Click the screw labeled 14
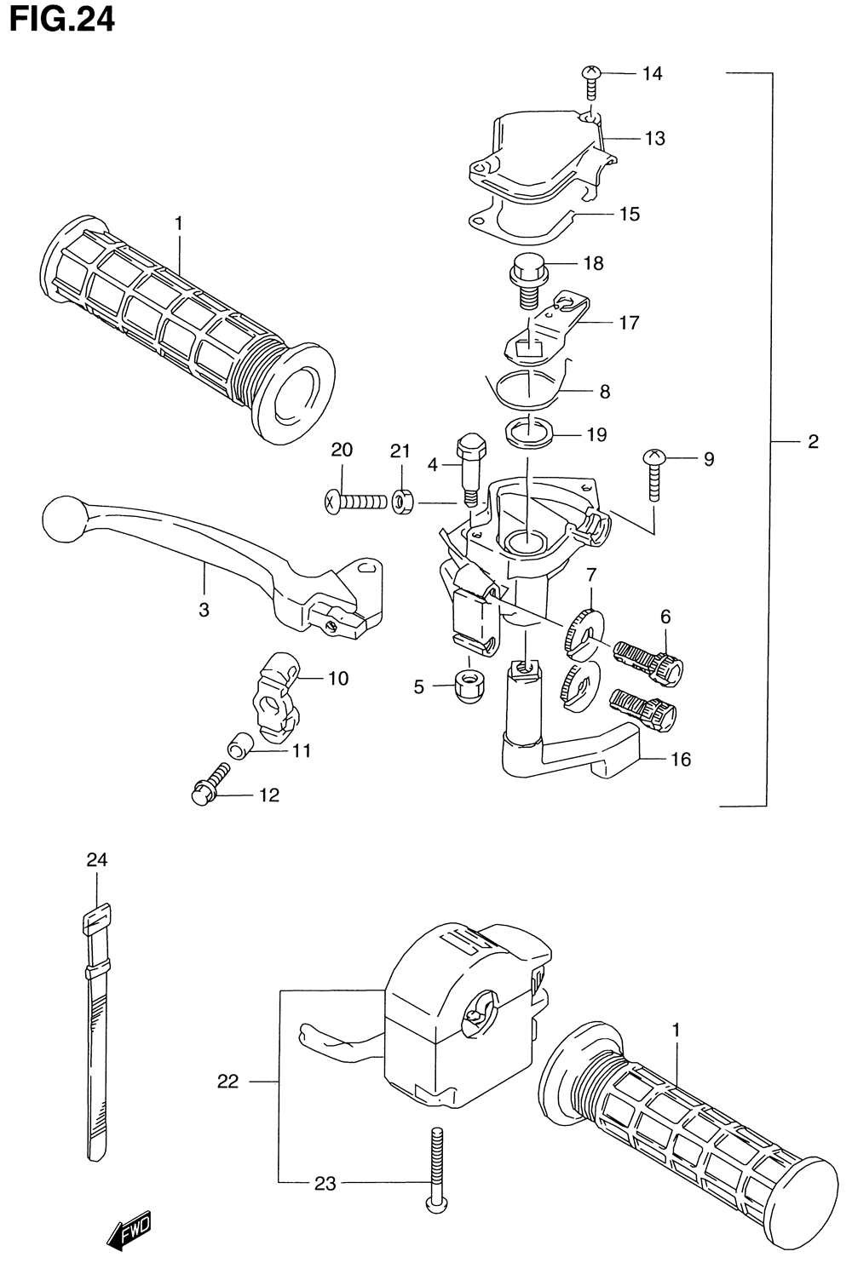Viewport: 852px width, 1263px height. point(590,83)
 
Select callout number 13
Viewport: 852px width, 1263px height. point(655,138)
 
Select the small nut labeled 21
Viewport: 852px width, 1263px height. point(402,500)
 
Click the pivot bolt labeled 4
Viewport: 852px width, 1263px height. point(470,469)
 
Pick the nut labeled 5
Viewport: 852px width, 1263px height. point(468,686)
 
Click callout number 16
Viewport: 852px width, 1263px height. point(681,760)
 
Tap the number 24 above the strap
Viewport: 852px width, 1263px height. point(97,860)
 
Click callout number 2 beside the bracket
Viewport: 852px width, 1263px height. point(813,441)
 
